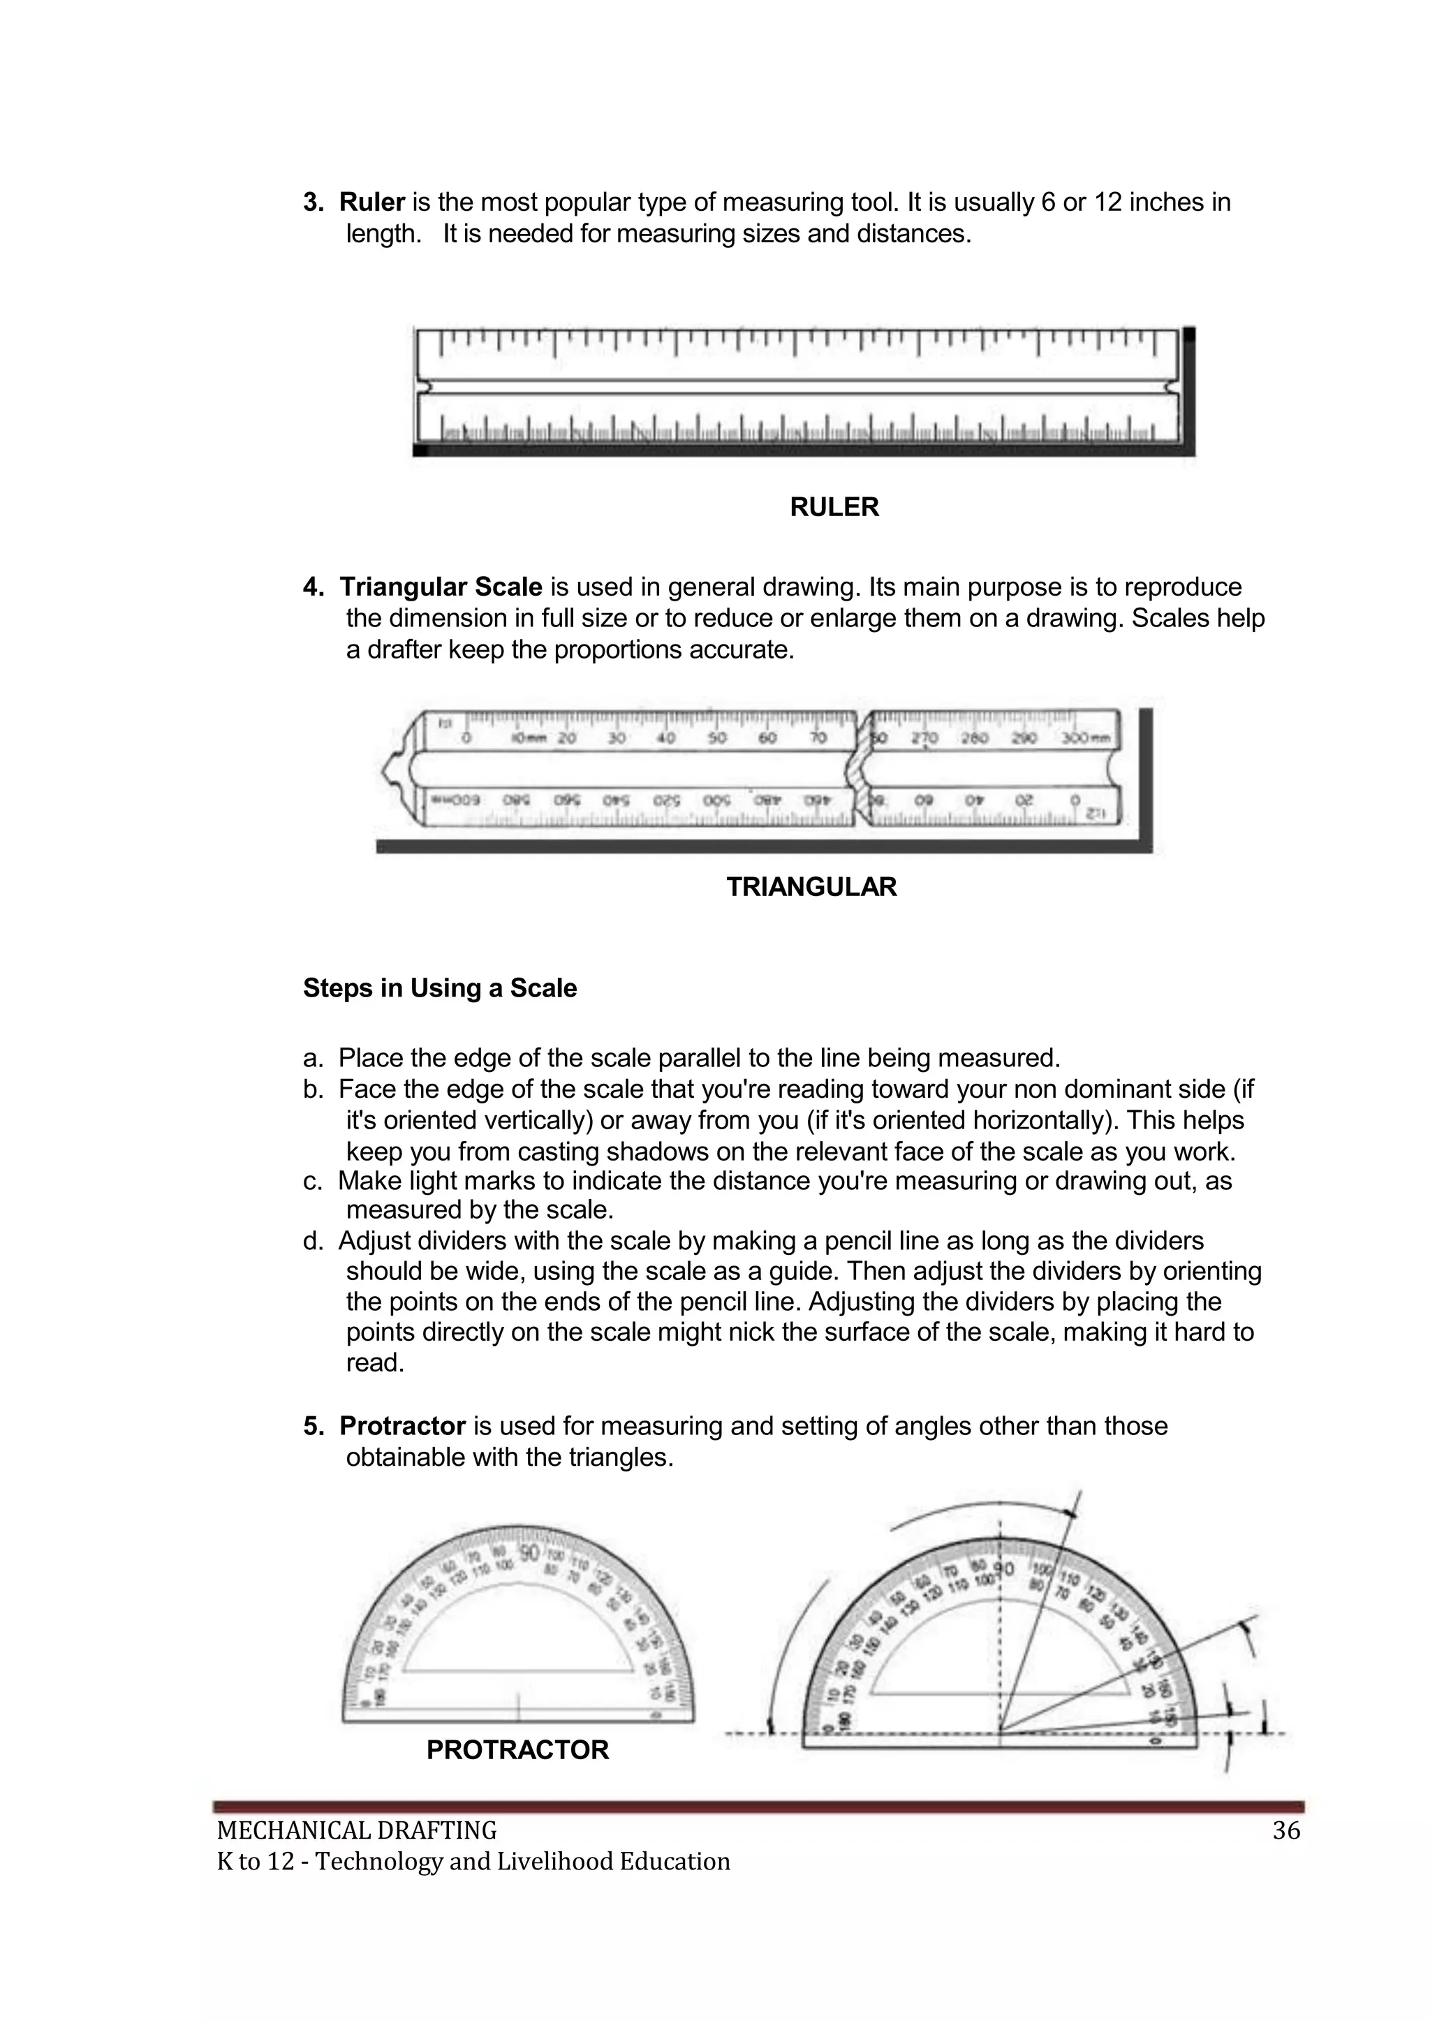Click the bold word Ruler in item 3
click(371, 203)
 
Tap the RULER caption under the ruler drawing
click(834, 507)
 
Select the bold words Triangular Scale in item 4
click(441, 587)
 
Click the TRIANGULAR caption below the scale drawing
click(811, 887)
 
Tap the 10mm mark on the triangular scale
click(529, 739)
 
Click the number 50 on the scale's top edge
click(717, 738)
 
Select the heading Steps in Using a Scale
click(439, 988)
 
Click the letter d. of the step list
click(313, 1242)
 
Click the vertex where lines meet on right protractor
click(1001, 1732)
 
